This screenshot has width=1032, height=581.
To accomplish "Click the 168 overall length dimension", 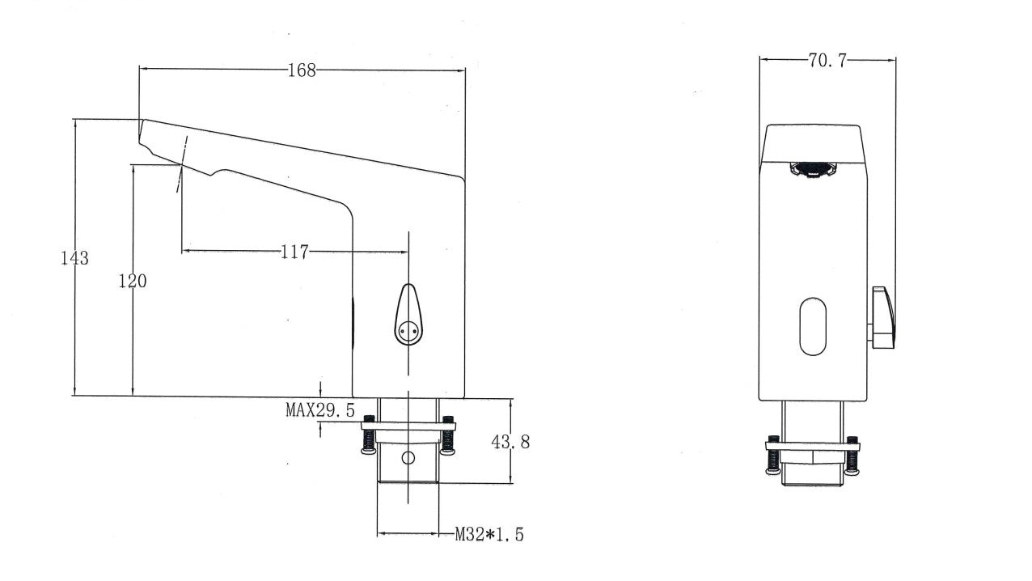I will coord(302,70).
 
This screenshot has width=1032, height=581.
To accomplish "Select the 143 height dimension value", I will coord(74,258).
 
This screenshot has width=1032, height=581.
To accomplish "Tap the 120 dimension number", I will coord(133,282).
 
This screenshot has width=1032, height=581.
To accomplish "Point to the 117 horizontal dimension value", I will coord(295,252).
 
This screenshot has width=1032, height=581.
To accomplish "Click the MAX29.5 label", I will coord(320,410).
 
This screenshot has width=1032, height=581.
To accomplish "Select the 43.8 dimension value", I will coord(511,442).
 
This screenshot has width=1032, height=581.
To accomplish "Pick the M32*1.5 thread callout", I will coord(489,534).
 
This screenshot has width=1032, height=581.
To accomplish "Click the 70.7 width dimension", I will coord(826,60).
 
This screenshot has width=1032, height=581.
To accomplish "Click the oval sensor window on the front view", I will coord(813,326).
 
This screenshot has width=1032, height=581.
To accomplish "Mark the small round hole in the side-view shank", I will coord(408,459).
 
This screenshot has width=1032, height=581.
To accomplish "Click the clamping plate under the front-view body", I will coord(813,446).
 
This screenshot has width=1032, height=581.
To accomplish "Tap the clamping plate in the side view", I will coord(408,426).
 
